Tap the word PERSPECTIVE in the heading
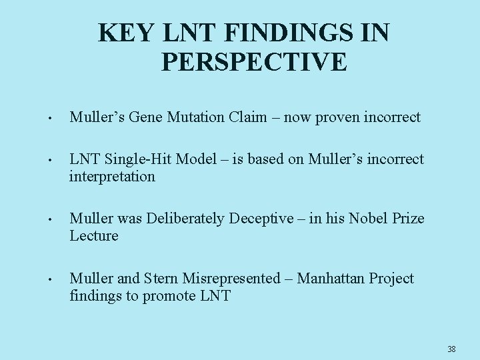click(254, 62)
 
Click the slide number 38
click(451, 349)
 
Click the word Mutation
click(203, 118)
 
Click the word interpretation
click(112, 177)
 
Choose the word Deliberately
click(189, 219)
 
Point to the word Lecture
click(94, 236)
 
